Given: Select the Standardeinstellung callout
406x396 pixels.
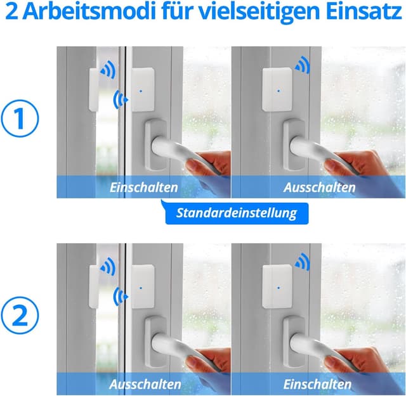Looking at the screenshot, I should (x=237, y=213).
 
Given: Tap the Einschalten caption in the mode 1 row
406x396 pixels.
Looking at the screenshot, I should (x=144, y=188).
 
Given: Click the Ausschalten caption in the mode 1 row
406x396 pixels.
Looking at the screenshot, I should (x=319, y=188).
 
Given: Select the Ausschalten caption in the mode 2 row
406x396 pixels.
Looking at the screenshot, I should (x=144, y=384).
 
